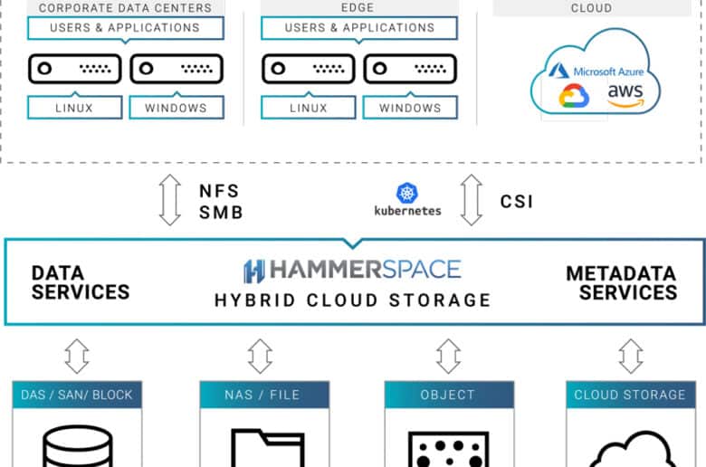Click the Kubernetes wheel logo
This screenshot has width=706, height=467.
pos(407,193)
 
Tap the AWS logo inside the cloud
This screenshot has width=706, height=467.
pos(625,95)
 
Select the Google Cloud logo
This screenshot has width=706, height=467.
pos(574,95)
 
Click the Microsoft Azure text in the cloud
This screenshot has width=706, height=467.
pos(608,71)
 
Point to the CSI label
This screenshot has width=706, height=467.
pos(517,201)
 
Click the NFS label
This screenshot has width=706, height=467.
pos(219,191)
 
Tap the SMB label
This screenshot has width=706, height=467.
pos(221,212)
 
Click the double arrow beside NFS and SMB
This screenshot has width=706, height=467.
pos(170,200)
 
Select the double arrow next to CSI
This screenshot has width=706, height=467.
pos(472,200)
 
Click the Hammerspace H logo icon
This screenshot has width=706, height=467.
pos(254,272)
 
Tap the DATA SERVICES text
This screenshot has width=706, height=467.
pos(81,282)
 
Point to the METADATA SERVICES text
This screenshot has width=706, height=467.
pos(621,282)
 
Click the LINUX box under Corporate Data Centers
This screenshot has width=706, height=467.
pos(75,107)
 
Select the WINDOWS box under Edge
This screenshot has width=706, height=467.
pos(410,107)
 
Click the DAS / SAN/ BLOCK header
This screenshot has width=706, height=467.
pos(77,395)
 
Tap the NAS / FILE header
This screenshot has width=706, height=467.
pos(264,395)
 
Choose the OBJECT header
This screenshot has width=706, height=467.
pos(449,395)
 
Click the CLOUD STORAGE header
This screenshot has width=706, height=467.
pos(630,395)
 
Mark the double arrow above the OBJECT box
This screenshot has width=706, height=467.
pos(448,357)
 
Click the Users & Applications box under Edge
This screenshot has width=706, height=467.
pos(359,28)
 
